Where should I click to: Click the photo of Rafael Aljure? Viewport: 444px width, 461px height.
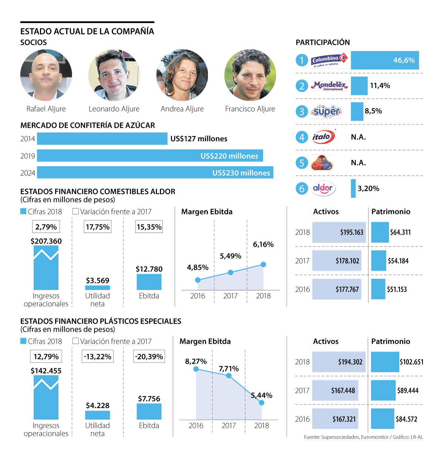46,75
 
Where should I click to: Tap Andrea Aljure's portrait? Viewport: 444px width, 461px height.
182,75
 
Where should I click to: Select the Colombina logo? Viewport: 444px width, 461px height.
329,60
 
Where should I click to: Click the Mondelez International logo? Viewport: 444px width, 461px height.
329,86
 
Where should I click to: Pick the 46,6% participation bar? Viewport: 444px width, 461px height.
385,60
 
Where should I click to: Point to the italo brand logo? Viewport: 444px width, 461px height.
323,137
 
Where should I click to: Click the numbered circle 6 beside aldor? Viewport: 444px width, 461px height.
302,189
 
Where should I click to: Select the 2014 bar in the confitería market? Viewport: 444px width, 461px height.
102,139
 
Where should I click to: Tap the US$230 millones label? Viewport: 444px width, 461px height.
241,173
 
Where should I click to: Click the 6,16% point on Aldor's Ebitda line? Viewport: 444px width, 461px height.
263,264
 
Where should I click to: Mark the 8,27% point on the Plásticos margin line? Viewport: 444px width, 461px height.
196,369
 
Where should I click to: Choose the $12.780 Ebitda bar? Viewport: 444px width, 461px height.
149,282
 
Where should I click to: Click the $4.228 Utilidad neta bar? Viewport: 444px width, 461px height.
97,415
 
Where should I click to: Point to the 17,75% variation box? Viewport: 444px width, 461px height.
98,227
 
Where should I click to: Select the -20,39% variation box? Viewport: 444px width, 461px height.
149,357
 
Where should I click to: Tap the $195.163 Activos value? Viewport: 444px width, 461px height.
351,232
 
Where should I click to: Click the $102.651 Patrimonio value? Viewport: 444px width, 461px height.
411,362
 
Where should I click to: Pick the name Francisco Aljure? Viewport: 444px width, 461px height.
250,109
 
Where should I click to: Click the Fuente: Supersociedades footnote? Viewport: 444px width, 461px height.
363,437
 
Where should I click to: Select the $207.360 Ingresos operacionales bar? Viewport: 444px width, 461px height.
46,268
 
